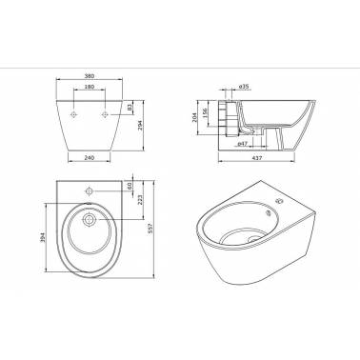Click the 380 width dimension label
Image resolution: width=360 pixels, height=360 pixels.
point(90,76)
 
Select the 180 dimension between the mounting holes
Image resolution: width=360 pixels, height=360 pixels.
point(90,87)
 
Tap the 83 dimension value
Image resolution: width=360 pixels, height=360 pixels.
point(130,108)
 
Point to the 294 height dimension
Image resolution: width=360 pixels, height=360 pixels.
point(140,126)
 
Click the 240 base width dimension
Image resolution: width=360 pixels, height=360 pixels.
point(90,157)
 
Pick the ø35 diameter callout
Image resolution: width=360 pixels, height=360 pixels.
point(244,87)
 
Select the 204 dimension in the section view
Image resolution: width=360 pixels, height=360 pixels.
point(195,116)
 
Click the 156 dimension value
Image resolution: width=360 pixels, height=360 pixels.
point(205,112)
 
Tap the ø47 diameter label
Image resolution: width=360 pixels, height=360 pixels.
point(243,144)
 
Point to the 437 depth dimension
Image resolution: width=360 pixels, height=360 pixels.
point(256,158)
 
